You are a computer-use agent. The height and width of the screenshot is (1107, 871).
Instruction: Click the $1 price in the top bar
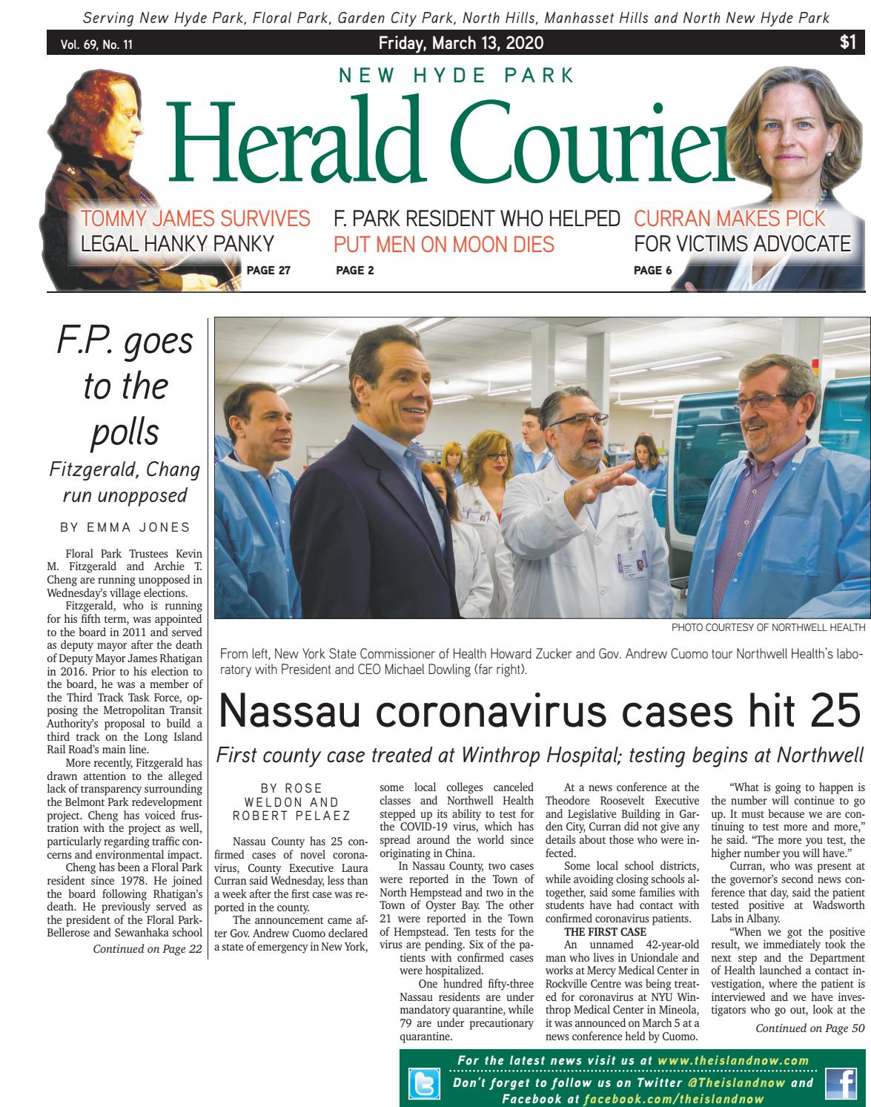click(848, 43)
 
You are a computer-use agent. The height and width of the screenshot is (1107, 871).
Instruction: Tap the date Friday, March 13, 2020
click(460, 44)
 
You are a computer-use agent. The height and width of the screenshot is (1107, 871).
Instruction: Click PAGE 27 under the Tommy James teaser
click(268, 271)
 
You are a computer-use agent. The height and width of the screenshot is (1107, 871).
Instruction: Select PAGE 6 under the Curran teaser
click(653, 271)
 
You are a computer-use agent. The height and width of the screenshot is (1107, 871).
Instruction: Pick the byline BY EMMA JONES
click(125, 527)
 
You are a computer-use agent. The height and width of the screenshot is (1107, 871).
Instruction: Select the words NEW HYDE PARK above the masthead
click(457, 76)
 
